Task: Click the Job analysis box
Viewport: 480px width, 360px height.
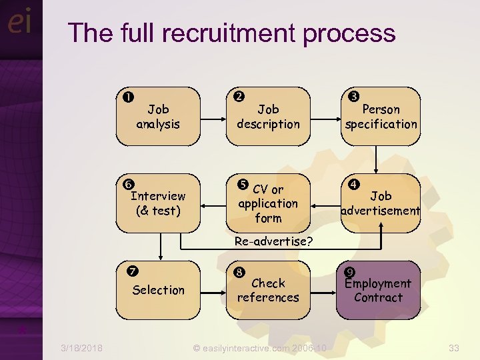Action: tap(158, 117)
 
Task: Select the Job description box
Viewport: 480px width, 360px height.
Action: tap(268, 117)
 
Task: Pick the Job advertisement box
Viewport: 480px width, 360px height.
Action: tap(381, 203)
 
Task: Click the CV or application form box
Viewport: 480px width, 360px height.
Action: tap(268, 203)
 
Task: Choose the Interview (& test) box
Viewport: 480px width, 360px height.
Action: tap(158, 203)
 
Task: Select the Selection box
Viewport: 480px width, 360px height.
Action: tap(158, 290)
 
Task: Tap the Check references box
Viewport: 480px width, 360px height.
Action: tap(268, 290)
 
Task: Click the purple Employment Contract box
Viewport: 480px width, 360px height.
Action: tap(378, 290)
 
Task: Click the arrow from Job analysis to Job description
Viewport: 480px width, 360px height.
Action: tap(213, 117)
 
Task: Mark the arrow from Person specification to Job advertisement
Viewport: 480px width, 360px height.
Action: tap(377, 160)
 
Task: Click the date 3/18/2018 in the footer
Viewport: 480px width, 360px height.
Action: tap(81, 348)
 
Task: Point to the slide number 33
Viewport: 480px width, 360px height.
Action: tap(454, 348)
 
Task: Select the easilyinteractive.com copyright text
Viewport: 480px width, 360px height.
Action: tap(259, 348)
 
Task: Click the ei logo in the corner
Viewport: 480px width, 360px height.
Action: tap(19, 23)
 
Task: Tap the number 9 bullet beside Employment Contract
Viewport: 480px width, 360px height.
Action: tap(349, 271)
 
